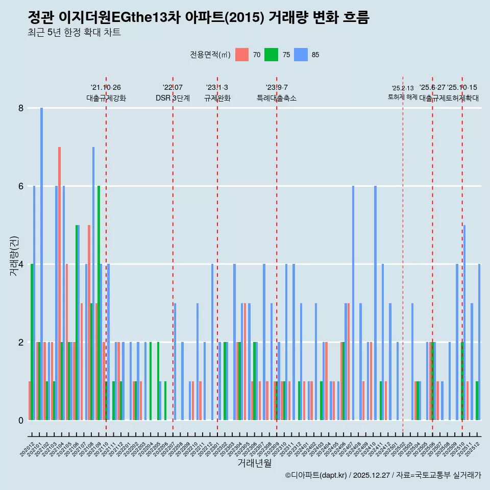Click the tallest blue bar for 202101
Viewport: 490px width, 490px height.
42,263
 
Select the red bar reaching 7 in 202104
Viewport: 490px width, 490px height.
59,283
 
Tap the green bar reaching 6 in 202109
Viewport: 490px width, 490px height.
99,303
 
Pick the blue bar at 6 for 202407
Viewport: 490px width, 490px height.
353,303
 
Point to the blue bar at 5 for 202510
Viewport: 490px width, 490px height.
464,322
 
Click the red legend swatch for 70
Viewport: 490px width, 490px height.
242,55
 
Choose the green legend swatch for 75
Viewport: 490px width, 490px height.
271,55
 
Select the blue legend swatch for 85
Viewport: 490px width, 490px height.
301,55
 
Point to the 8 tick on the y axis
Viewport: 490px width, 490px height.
21,108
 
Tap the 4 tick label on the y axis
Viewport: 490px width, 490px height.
21,264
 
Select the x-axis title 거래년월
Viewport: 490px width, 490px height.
254,463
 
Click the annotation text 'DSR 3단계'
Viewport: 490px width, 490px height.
173,99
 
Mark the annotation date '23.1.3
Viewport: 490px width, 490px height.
217,88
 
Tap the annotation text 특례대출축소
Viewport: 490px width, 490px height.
276,99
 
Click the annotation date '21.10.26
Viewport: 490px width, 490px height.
106,88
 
